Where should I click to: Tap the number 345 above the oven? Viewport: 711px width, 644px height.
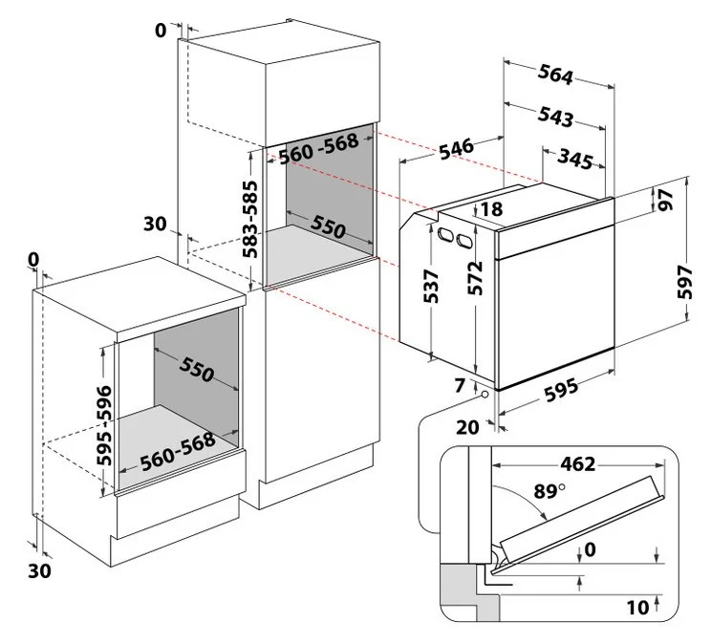577,160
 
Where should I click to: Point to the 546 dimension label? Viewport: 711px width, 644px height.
456,149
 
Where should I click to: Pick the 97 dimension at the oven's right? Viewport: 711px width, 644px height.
664,201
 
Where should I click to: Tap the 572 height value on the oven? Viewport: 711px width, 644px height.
475,278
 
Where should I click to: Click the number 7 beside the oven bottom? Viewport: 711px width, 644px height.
461,386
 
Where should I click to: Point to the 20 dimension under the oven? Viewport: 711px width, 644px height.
466,426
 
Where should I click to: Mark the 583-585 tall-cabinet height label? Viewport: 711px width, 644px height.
249,219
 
